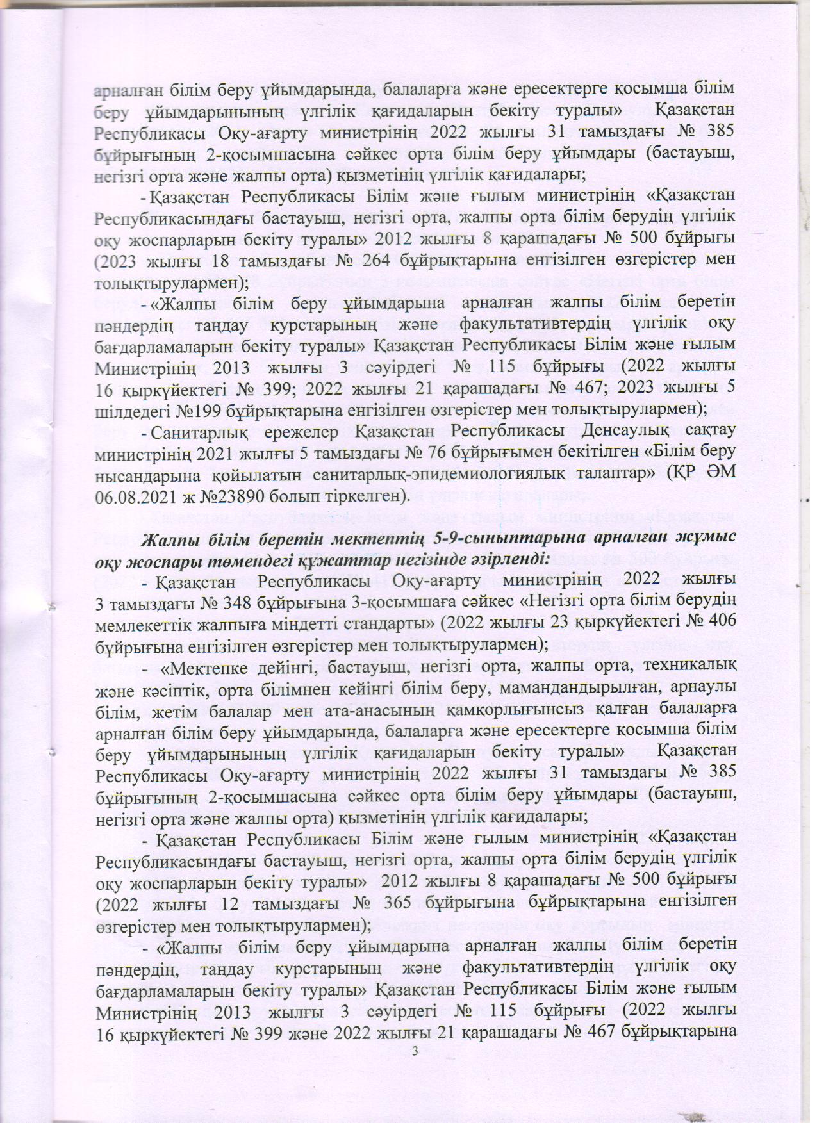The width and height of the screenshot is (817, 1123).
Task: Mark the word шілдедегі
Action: click(x=133, y=407)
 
